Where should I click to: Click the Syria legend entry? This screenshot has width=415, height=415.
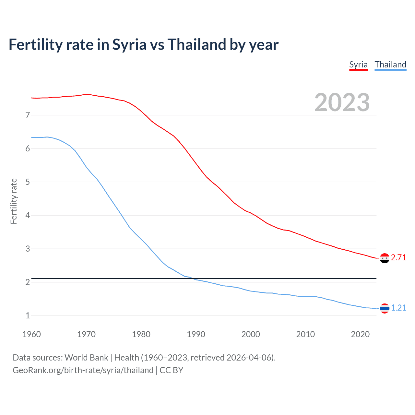pyautogui.click(x=358, y=65)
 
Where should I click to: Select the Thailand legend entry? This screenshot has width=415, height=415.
pyautogui.click(x=390, y=65)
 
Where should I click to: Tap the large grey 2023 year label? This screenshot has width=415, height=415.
pyautogui.click(x=342, y=102)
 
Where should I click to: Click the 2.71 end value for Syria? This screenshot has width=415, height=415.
pyautogui.click(x=398, y=257)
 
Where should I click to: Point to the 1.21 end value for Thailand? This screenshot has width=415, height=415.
pyautogui.click(x=398, y=308)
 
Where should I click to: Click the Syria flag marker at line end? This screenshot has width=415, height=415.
pyautogui.click(x=385, y=258)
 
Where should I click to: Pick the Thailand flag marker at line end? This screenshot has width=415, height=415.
pyautogui.click(x=385, y=308)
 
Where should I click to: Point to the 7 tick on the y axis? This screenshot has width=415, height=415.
pyautogui.click(x=28, y=115)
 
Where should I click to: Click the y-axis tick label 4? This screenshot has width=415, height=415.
pyautogui.click(x=28, y=215)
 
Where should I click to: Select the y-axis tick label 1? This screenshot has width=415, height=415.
pyautogui.click(x=28, y=315)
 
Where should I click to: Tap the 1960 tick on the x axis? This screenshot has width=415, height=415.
pyautogui.click(x=31, y=334)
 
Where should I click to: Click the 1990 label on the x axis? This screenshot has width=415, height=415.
pyautogui.click(x=196, y=334)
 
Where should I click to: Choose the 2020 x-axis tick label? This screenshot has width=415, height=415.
pyautogui.click(x=360, y=334)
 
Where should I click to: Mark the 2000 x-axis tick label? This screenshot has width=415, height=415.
pyautogui.click(x=251, y=334)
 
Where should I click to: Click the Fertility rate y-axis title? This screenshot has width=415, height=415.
pyautogui.click(x=14, y=201)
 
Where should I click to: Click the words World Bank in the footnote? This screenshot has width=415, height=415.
pyautogui.click(x=86, y=358)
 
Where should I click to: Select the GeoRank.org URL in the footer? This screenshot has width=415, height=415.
pyautogui.click(x=83, y=370)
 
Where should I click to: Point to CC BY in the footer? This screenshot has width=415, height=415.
pyautogui.click(x=172, y=370)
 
